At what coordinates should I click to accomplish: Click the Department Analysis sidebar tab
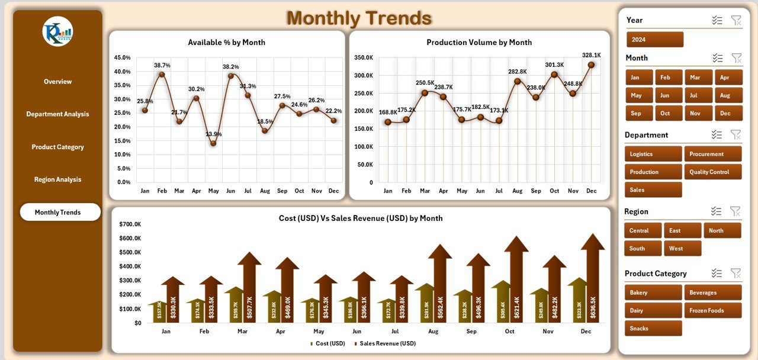point(57,114)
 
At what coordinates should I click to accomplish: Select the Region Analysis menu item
point(57,179)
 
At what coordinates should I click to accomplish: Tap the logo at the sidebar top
point(57,31)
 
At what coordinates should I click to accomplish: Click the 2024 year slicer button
point(654,40)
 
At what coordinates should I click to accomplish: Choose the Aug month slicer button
point(728,95)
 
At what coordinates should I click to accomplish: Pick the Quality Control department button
point(712,172)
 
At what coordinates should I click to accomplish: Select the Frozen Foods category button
point(712,310)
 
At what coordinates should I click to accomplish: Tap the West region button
point(682,248)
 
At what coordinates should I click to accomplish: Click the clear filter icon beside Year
point(736,20)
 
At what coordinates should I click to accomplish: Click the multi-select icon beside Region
point(717,211)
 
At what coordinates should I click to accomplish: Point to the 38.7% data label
point(162,65)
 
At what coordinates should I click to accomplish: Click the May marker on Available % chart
point(213,143)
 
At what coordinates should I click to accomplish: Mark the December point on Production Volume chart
point(591,65)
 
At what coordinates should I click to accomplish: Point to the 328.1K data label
point(591,55)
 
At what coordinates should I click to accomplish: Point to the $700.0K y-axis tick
point(130,224)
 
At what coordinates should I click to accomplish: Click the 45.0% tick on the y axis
point(122,57)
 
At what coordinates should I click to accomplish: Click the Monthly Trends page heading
point(359,18)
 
